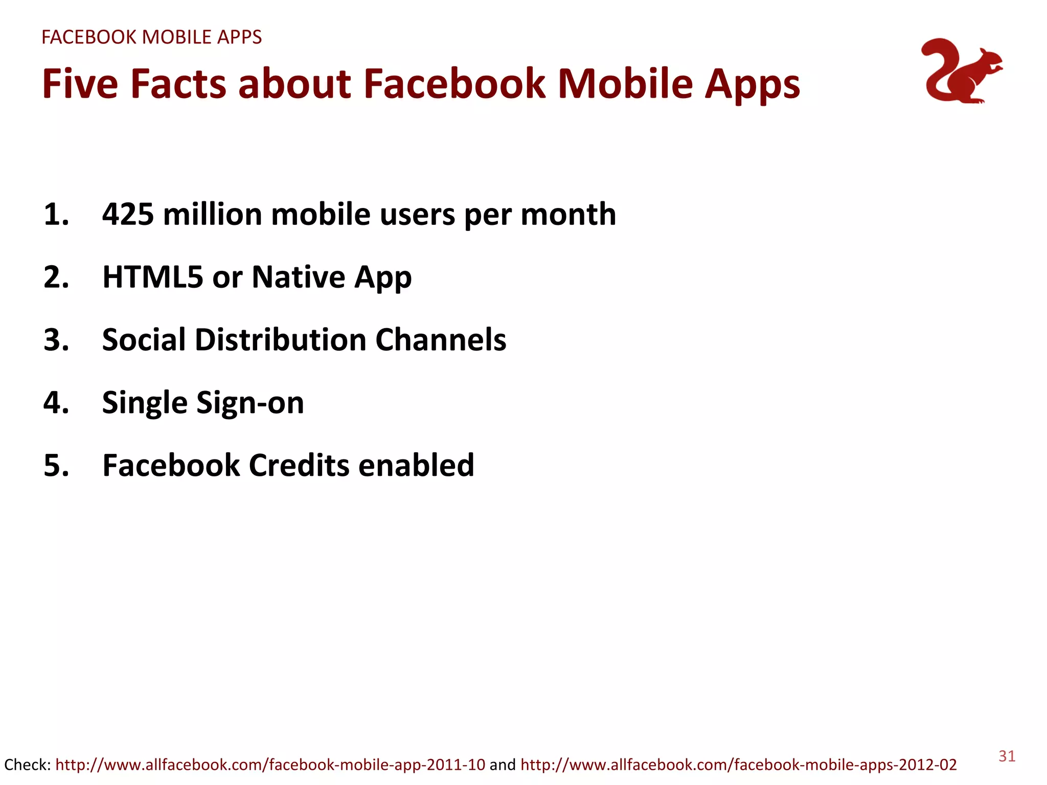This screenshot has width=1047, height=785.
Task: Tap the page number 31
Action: point(1007,756)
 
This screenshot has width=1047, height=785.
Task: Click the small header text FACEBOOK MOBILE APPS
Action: point(151,37)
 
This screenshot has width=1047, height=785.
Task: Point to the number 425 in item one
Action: point(128,214)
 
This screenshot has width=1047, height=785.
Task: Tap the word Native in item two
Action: point(299,277)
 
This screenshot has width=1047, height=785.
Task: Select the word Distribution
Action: point(280,340)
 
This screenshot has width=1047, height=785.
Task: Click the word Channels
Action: point(441,340)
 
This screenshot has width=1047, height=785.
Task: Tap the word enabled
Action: point(416,466)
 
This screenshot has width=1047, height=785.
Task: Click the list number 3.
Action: point(56,340)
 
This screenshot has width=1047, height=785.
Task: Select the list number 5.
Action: point(56,466)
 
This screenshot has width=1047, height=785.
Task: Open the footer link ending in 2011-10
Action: point(270,765)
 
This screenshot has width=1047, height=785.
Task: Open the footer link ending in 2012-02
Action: point(738,765)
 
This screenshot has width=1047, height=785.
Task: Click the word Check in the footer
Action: point(26,765)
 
